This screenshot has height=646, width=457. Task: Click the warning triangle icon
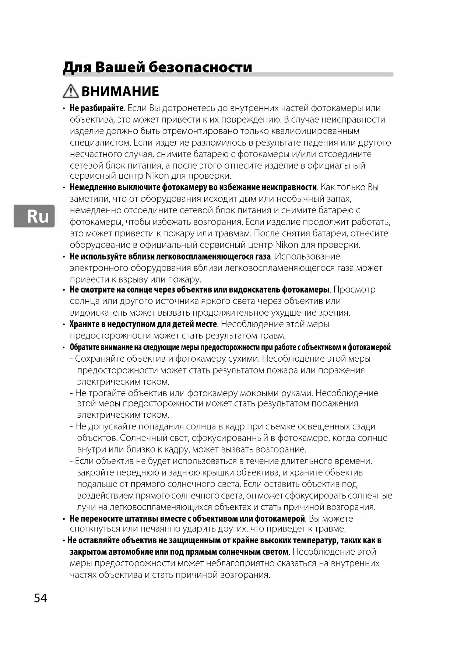pyautogui.click(x=70, y=91)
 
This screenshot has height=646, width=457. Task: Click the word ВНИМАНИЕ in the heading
pyautogui.click(x=120, y=91)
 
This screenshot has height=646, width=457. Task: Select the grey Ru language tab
pyautogui.click(x=34, y=216)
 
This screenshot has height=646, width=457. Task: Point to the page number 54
pyautogui.click(x=41, y=598)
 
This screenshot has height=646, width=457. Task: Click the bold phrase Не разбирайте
pyautogui.click(x=96, y=108)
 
